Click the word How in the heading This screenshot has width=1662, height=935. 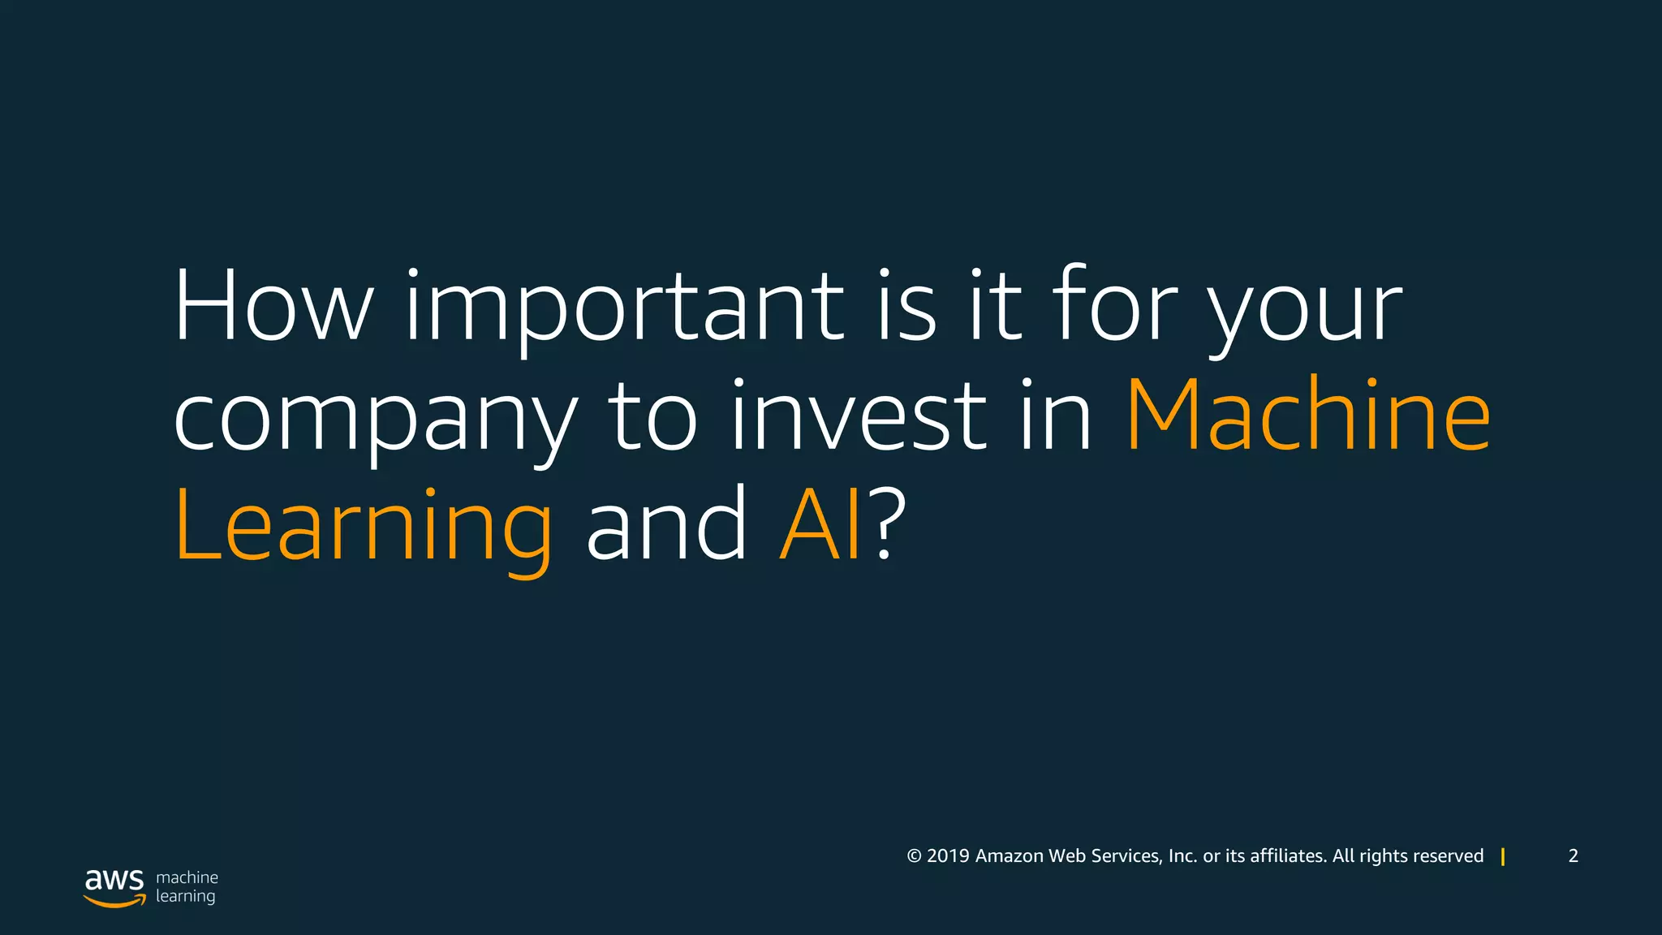[x=273, y=305]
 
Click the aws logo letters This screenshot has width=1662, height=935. [x=114, y=880]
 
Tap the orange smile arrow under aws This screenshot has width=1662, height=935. [x=115, y=901]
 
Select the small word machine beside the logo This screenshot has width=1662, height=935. [x=187, y=877]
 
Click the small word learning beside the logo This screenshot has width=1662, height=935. [x=185, y=897]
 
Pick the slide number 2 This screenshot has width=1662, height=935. [x=1573, y=856]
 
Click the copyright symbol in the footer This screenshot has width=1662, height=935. [x=914, y=856]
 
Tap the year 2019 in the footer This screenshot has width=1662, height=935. [x=948, y=856]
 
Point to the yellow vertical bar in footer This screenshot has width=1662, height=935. [x=1503, y=856]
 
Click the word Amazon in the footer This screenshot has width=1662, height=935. [x=1009, y=856]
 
